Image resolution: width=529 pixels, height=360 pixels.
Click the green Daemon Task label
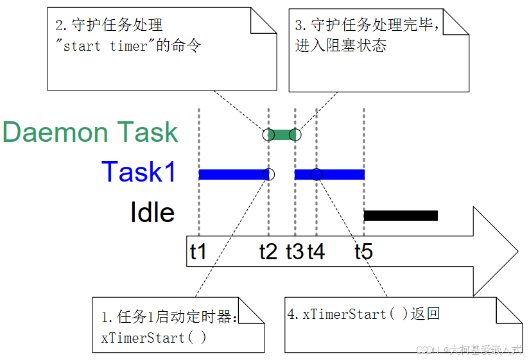click(x=90, y=132)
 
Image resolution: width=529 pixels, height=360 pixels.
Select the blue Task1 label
click(x=139, y=172)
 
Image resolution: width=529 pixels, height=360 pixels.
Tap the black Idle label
click(x=152, y=212)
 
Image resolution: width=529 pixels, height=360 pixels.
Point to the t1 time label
click(x=198, y=251)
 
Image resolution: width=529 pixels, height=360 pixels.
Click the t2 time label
click(x=268, y=251)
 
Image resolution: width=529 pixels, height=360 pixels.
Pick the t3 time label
click(x=295, y=251)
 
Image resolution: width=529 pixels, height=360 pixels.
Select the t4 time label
click(x=316, y=251)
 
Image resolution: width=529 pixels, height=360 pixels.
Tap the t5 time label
click(x=363, y=251)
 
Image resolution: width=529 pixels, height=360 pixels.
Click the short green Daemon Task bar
click(x=281, y=135)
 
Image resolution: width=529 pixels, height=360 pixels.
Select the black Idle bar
click(x=401, y=216)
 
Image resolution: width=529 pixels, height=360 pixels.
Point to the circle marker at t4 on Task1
click(x=316, y=174)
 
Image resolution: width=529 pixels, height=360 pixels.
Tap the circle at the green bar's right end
click(x=295, y=135)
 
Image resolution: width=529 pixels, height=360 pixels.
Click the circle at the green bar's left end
click(x=268, y=135)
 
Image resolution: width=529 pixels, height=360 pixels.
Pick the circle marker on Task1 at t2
click(x=268, y=174)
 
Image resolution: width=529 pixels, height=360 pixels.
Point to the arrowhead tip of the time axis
click(x=517, y=251)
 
